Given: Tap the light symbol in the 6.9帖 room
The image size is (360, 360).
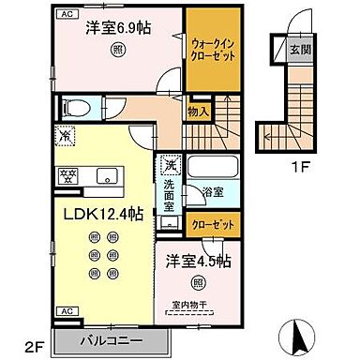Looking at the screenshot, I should pyautogui.click(x=117, y=50).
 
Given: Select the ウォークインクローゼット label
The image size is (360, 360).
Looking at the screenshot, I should pyautogui.click(x=214, y=49).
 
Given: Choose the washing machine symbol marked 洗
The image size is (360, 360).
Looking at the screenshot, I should pyautogui.click(x=170, y=167).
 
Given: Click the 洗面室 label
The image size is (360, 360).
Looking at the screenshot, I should pyautogui.click(x=170, y=198).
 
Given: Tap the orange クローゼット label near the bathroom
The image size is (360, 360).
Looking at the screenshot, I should pyautogui.click(x=216, y=226).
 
